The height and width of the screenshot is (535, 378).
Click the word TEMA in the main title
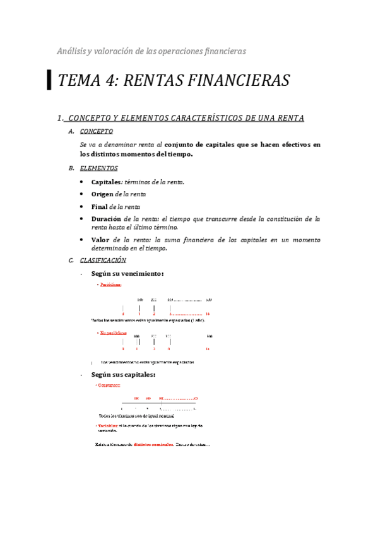coord(79,81)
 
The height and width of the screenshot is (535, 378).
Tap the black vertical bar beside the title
coord(50,80)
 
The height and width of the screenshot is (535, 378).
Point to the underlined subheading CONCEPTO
coord(97,132)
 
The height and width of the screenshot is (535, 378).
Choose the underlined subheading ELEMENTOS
coord(98,168)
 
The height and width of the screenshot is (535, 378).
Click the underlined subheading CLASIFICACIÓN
coord(103,260)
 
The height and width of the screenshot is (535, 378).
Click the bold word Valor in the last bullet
coord(100,240)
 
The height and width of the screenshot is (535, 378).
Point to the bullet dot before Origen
coord(83,194)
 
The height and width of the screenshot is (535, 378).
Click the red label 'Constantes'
coord(109,385)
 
